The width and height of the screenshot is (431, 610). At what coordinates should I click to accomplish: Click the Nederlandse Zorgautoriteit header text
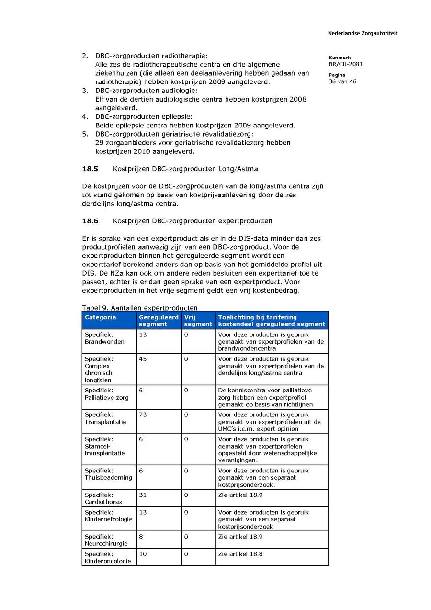[363, 34]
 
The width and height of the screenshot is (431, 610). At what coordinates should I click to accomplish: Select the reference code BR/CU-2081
[345, 64]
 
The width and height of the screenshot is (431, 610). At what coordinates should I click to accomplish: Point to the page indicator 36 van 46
[342, 81]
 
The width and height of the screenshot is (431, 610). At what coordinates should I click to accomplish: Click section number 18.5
[90, 169]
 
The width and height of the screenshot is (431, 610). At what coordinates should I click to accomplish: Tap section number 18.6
[90, 221]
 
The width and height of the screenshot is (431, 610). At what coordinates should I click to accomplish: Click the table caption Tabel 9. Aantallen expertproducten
[140, 308]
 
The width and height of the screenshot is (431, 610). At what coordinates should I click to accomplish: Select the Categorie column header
[100, 317]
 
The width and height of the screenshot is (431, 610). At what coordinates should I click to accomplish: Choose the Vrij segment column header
[198, 321]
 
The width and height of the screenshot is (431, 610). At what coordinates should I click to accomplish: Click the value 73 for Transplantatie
[143, 415]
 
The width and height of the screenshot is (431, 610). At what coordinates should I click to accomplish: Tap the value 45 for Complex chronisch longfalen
[143, 359]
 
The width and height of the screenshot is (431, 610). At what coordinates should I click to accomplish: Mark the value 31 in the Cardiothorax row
[143, 495]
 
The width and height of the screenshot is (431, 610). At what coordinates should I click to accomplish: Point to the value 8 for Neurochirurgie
[141, 537]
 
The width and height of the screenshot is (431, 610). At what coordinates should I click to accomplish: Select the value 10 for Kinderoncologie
[143, 554]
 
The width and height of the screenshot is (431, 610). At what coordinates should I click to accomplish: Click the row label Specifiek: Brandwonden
[104, 338]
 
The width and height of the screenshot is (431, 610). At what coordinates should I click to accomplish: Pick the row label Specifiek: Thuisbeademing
[108, 474]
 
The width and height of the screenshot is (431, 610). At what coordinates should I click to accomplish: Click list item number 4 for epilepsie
[85, 116]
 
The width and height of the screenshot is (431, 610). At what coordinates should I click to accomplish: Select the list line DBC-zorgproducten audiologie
[146, 91]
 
